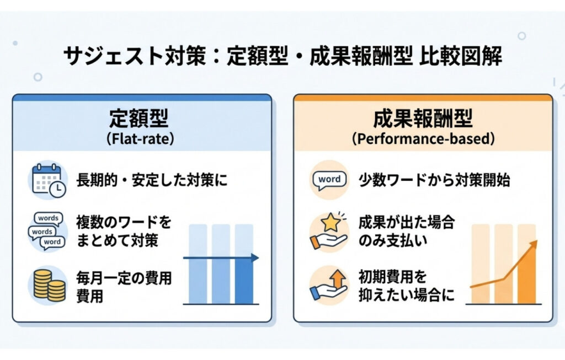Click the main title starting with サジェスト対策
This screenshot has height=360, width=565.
click(282, 56)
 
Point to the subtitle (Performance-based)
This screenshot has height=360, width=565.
click(423, 138)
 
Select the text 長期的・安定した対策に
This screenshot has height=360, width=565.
click(152, 180)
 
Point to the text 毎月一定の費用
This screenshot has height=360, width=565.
click(124, 278)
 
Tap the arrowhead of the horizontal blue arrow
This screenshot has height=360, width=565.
click(254, 257)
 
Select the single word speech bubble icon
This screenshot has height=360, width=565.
click(329, 180)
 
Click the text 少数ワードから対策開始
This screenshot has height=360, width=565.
click(433, 180)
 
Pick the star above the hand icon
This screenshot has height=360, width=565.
click(332, 222)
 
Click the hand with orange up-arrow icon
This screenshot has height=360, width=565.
click(329, 284)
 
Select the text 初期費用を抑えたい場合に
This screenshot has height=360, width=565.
click(406, 285)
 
